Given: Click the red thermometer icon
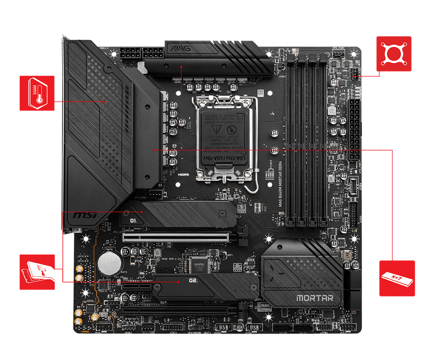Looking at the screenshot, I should tap(37, 93).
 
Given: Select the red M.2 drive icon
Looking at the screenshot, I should tap(37, 272).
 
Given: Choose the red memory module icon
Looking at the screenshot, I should tap(396, 278).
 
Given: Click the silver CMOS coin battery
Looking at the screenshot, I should tap(107, 263).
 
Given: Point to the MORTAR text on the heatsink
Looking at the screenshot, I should tap(314, 297).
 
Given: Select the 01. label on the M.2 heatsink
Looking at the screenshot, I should tap(134, 220).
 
